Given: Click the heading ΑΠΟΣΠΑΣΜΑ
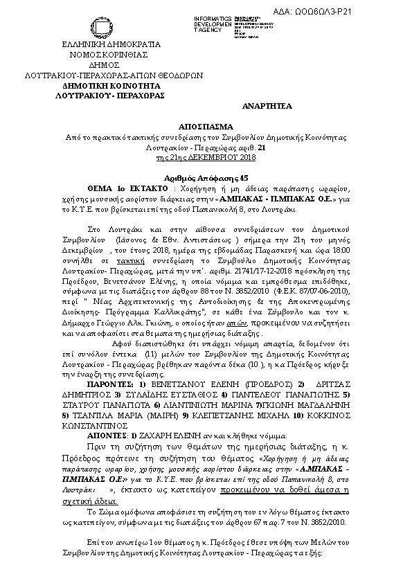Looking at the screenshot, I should pos(206,129).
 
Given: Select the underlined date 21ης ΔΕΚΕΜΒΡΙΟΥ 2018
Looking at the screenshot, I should pos(206,158).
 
